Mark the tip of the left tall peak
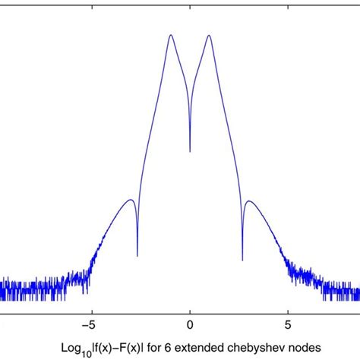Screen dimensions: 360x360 click(172, 35)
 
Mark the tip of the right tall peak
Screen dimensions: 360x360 click(207, 35)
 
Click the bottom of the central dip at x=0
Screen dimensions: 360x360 click(190, 151)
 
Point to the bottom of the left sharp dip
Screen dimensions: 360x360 click(137, 256)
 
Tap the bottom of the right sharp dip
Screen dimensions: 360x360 click(242, 256)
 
